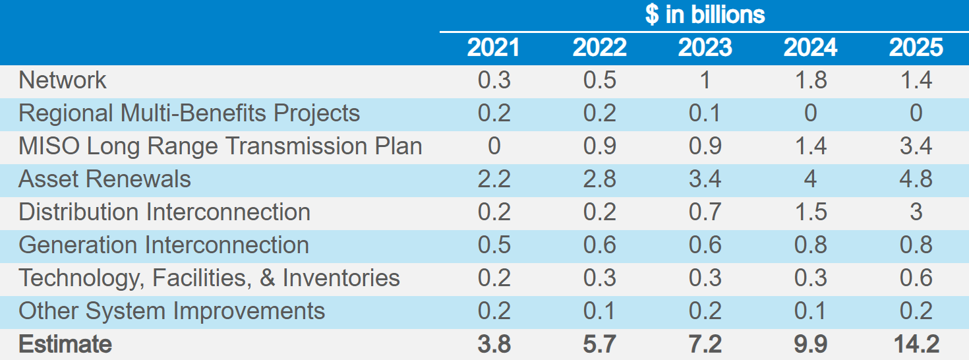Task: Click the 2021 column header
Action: (x=494, y=47)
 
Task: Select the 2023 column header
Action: (x=705, y=47)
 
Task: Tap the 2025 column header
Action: (x=916, y=47)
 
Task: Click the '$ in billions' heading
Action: (x=705, y=15)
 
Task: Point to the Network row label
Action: (x=63, y=80)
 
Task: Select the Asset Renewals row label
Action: (x=105, y=179)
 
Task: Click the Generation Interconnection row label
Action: (x=163, y=245)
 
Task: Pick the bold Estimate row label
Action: (x=65, y=344)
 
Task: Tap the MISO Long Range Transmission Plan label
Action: (x=220, y=146)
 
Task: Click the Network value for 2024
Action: (x=810, y=80)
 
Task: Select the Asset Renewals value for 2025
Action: (x=916, y=179)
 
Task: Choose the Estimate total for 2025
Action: (x=916, y=344)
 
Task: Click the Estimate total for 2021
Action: (x=494, y=344)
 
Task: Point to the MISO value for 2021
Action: (x=494, y=146)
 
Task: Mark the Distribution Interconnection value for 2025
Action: (x=916, y=212)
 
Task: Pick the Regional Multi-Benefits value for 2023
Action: (x=705, y=113)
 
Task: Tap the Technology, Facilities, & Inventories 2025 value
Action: (x=916, y=278)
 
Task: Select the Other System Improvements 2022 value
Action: (x=599, y=311)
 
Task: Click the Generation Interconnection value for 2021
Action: (x=494, y=245)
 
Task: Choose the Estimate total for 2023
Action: (x=705, y=344)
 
